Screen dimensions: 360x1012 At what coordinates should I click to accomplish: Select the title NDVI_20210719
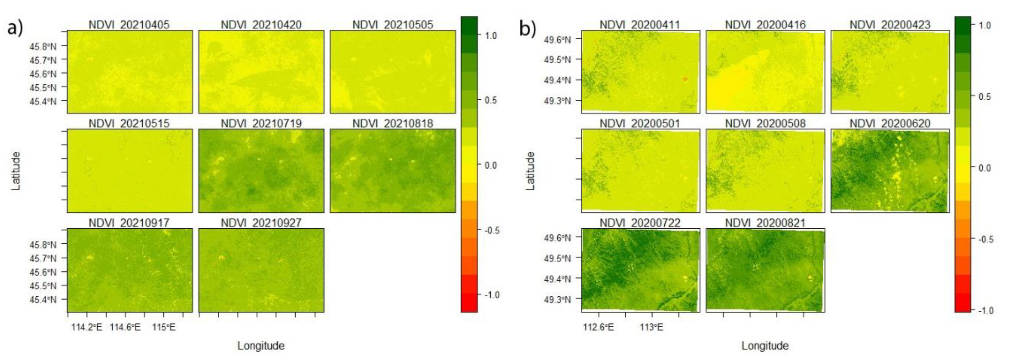pyautogui.click(x=261, y=124)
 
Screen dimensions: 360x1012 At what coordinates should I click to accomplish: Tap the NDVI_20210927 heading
pyautogui.click(x=261, y=223)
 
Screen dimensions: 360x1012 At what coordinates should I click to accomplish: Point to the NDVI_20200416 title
pyautogui.click(x=765, y=25)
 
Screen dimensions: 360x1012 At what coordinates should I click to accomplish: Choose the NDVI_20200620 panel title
pyautogui.click(x=890, y=124)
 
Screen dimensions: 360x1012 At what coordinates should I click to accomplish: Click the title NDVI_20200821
pyautogui.click(x=765, y=223)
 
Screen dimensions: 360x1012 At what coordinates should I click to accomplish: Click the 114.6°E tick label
pyautogui.click(x=125, y=327)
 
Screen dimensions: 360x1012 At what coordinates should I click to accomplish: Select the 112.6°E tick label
pyautogui.click(x=598, y=327)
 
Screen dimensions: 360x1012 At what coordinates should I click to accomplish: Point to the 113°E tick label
pyautogui.click(x=652, y=327)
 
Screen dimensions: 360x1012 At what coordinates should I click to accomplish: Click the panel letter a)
pyautogui.click(x=15, y=28)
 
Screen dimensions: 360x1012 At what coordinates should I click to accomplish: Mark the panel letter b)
pyautogui.click(x=528, y=28)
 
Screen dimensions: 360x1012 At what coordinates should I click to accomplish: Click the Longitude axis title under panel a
pyautogui.click(x=261, y=346)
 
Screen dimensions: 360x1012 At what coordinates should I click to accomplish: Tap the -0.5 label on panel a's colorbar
pyautogui.click(x=491, y=230)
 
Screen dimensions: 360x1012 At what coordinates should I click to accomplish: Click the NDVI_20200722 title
pyautogui.click(x=640, y=223)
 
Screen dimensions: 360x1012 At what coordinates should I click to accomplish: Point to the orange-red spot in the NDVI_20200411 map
pyautogui.click(x=685, y=79)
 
